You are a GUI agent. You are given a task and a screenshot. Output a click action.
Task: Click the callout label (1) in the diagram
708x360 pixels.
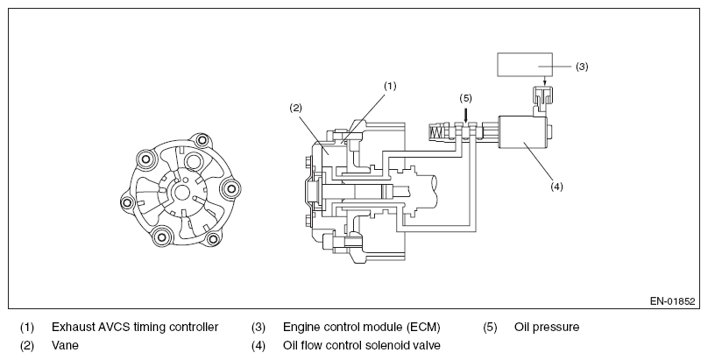[390, 86]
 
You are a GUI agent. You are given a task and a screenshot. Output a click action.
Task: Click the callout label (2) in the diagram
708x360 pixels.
[296, 108]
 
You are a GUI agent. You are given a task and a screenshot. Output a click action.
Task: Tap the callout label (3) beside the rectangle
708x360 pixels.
[582, 67]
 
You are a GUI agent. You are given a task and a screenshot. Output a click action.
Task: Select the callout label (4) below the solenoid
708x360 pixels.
[556, 187]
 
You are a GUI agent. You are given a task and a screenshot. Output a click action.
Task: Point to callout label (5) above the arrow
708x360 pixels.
[465, 98]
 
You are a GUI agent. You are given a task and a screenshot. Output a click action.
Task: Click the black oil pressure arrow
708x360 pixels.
[465, 114]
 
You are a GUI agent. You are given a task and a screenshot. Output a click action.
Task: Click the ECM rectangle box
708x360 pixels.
[525, 65]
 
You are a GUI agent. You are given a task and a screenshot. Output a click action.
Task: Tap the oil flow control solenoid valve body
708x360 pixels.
[522, 132]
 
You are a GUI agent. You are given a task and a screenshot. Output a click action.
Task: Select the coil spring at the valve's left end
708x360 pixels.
[436, 133]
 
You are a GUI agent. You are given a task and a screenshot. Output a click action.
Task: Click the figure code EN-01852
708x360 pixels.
[672, 301]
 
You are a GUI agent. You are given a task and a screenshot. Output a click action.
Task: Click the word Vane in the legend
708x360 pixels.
[65, 346]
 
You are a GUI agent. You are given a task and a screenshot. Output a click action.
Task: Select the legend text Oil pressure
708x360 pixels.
[547, 327]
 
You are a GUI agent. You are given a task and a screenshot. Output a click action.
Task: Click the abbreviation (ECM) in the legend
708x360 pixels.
[422, 327]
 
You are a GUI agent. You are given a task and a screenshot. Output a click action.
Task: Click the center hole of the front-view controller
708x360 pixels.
[182, 193]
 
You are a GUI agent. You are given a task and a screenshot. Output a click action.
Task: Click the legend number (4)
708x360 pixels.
[258, 346]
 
